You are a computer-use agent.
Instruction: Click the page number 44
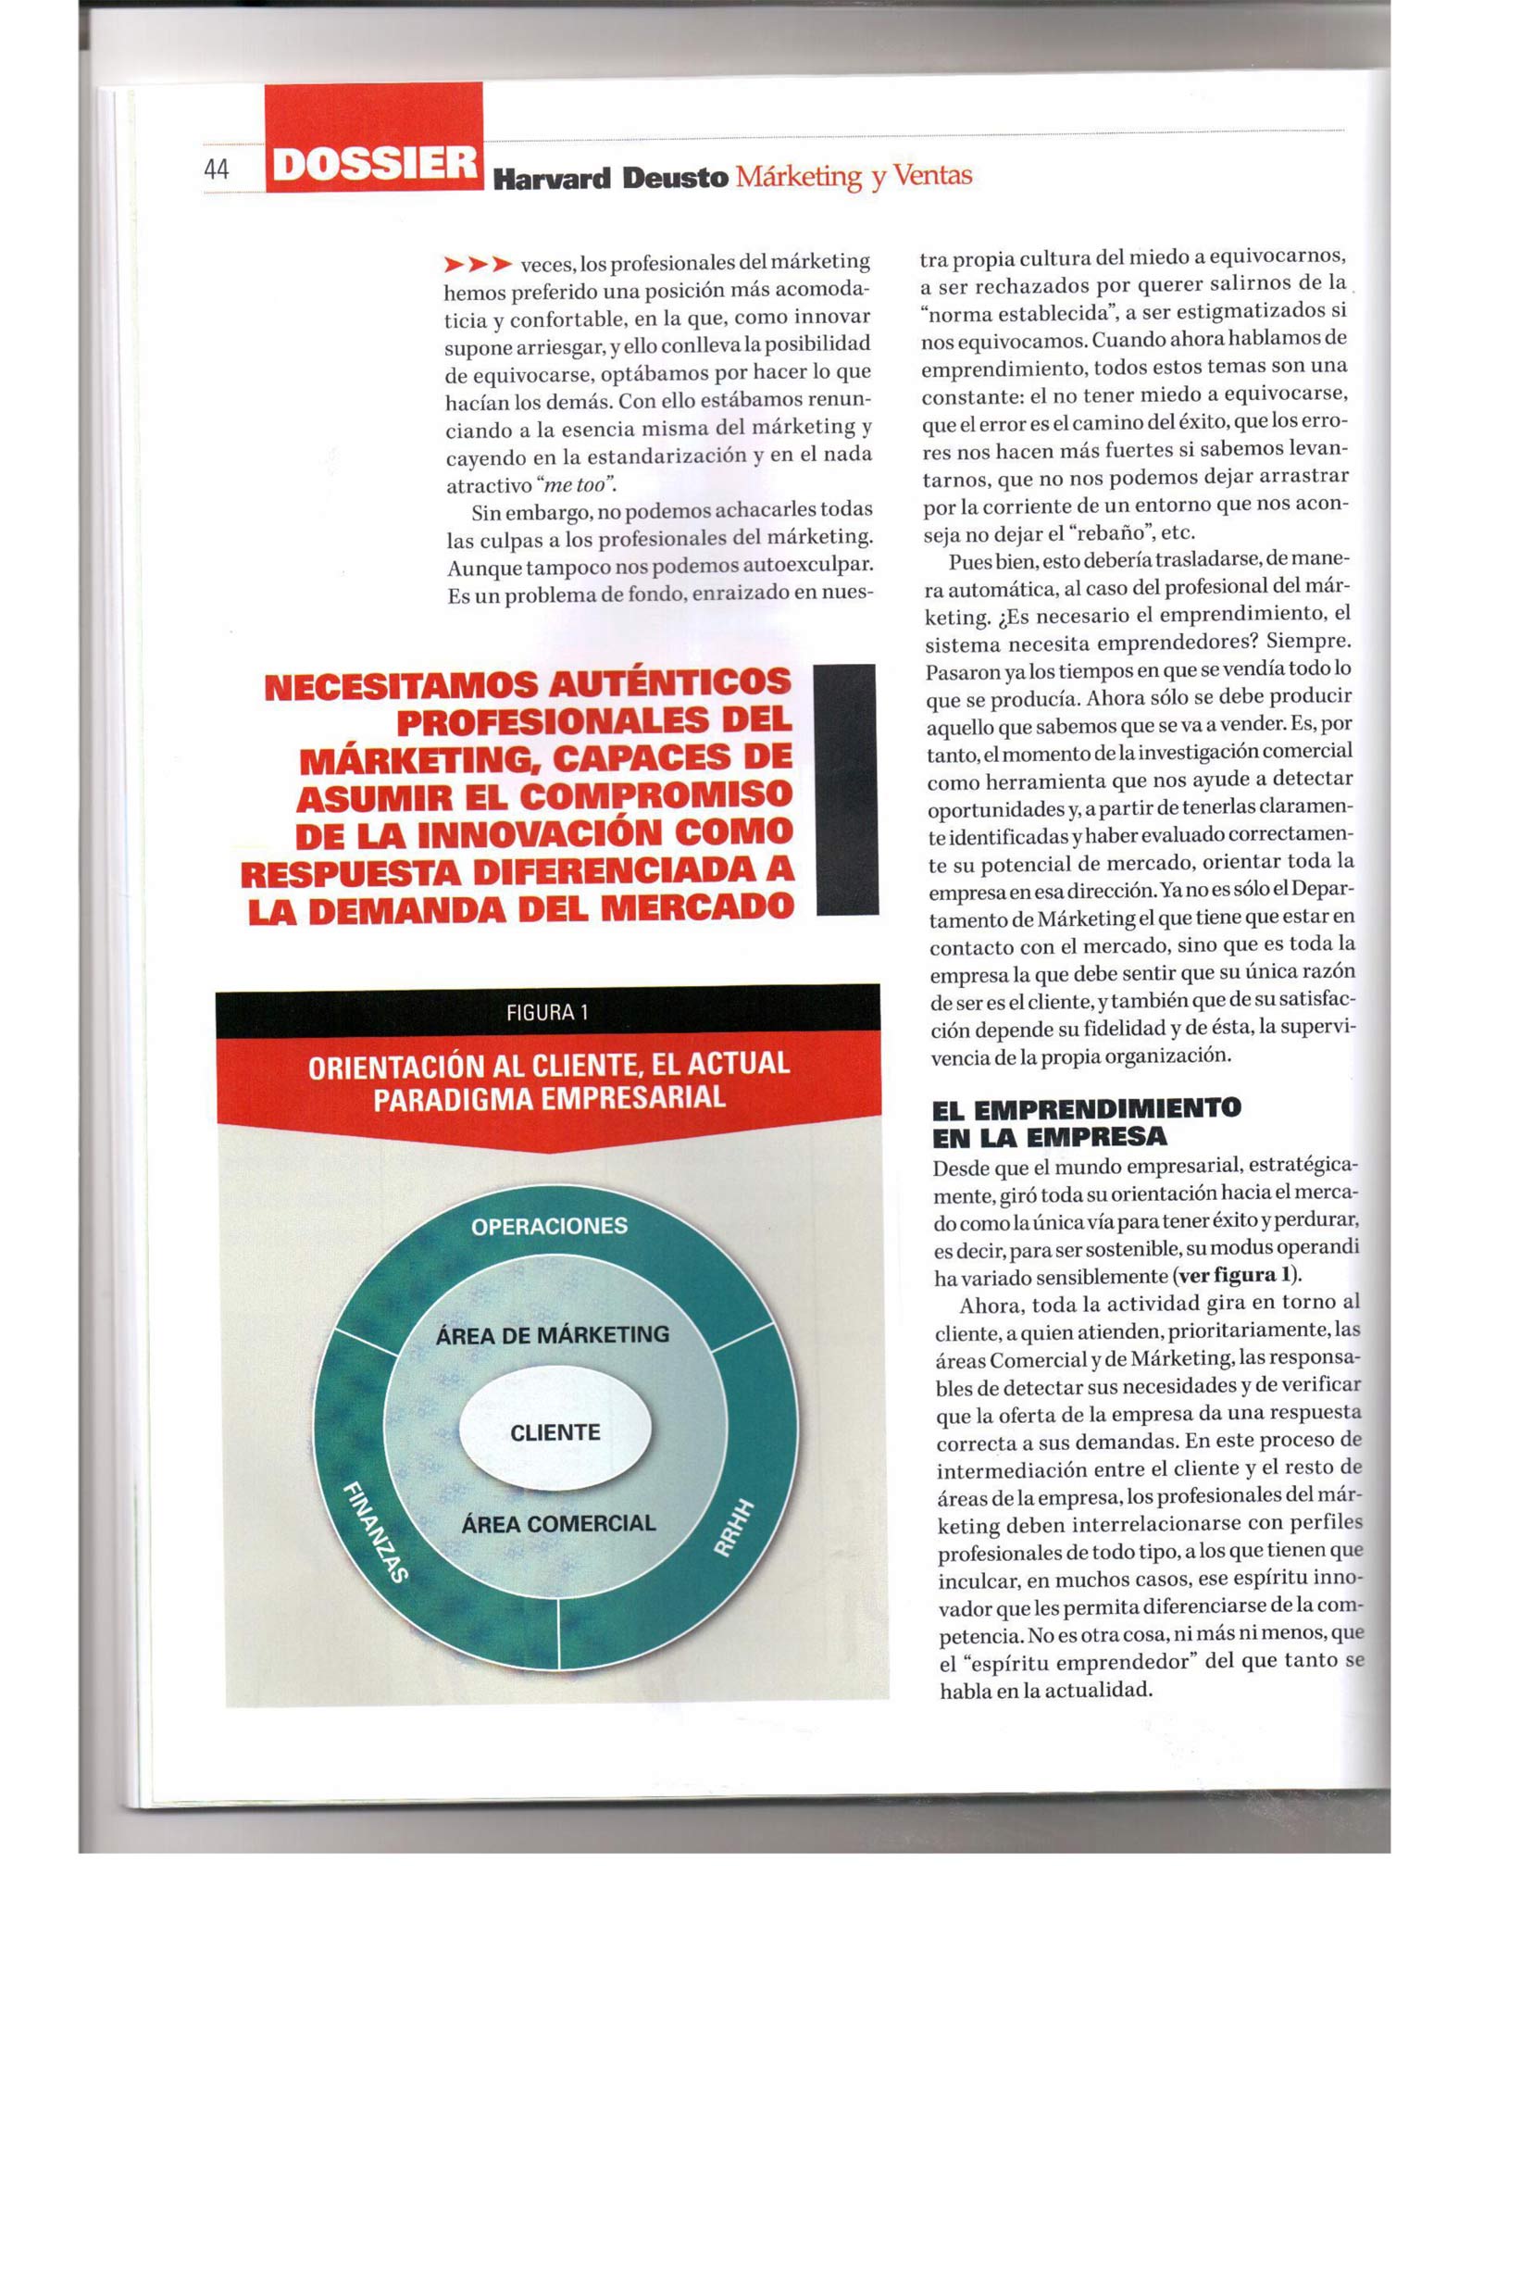(217, 169)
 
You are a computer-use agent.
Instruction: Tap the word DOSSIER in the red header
(374, 164)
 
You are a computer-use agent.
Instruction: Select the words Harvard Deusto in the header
(610, 179)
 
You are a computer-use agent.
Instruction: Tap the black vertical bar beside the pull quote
(847, 789)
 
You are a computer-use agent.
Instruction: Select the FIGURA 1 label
(547, 1013)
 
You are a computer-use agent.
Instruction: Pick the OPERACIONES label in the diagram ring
(549, 1226)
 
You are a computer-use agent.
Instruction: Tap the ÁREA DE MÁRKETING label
(552, 1335)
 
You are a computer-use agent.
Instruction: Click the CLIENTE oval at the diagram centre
(555, 1432)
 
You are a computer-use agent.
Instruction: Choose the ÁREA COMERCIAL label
(558, 1523)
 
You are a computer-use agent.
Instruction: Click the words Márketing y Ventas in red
(854, 177)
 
